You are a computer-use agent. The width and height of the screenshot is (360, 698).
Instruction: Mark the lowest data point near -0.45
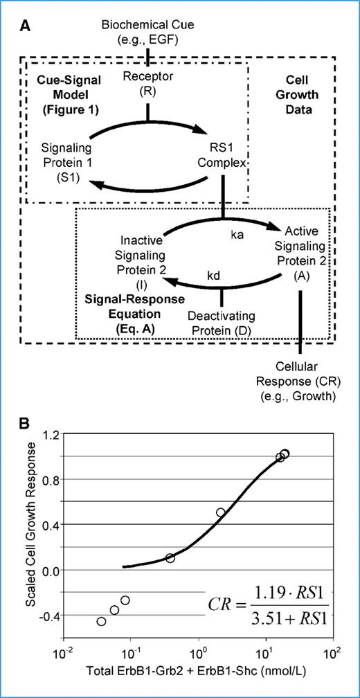102,621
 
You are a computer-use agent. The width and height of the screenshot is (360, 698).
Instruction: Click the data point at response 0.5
221,512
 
